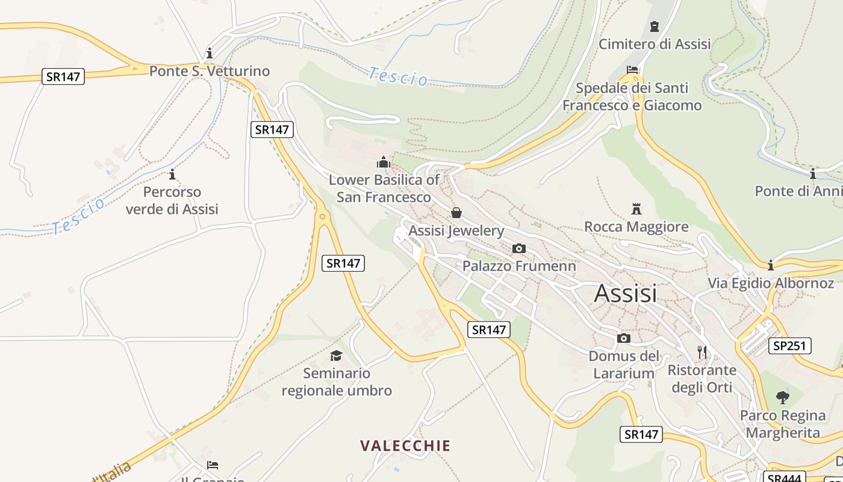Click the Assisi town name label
coord(625,293)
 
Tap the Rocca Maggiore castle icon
coord(636,209)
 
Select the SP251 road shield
coord(790,346)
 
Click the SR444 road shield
coord(785,478)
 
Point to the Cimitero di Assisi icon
coord(655,27)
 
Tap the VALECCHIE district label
coord(405,446)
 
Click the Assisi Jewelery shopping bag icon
coord(456,213)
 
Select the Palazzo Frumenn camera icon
coord(518,248)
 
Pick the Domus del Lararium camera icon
coord(624,338)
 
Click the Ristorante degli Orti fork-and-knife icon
coord(701,352)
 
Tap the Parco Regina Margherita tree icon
coord(782,397)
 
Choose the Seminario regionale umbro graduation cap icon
coord(336,355)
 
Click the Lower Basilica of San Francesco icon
coord(383,162)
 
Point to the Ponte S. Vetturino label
coord(210,71)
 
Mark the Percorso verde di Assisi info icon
coord(172,174)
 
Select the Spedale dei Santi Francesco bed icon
coord(632,70)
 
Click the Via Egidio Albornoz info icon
coord(771,265)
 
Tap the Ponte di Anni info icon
coord(813,174)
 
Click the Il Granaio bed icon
coord(212,465)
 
